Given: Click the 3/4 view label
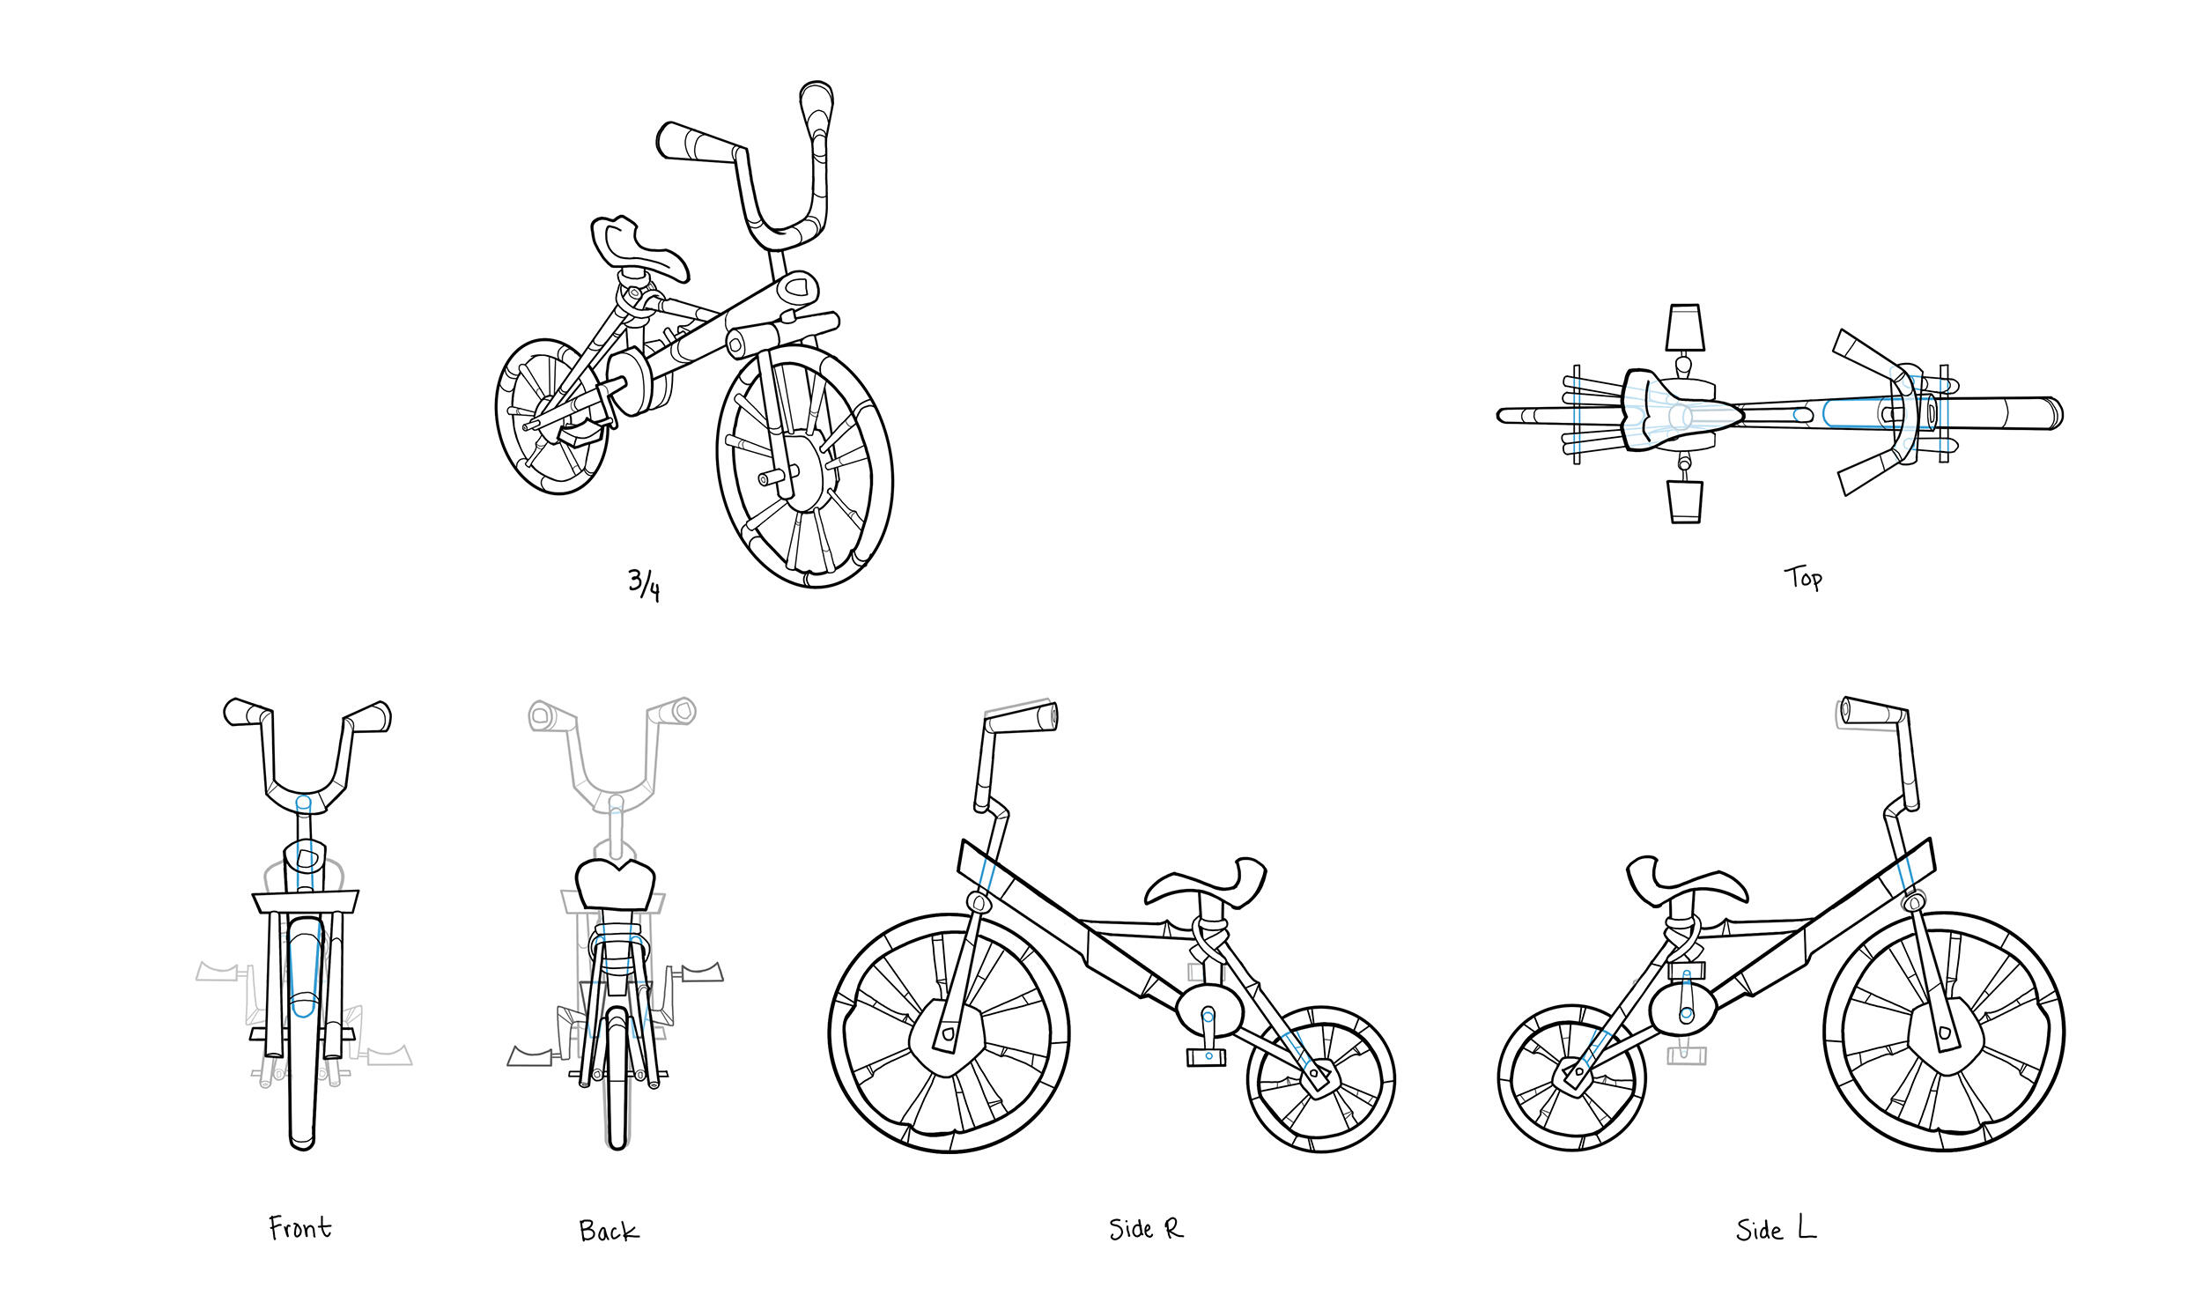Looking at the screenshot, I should click(643, 584).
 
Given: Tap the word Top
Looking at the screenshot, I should click(1802, 578).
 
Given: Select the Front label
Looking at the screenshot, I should click(300, 1228).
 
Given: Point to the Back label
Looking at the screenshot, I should click(608, 1231).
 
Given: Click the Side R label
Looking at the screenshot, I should click(1145, 1229).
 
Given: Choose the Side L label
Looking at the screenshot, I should click(1776, 1230).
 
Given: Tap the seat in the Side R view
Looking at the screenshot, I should click(1207, 883).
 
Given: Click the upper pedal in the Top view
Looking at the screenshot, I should click(1684, 328).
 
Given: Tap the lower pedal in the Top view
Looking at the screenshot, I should click(1685, 501).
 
